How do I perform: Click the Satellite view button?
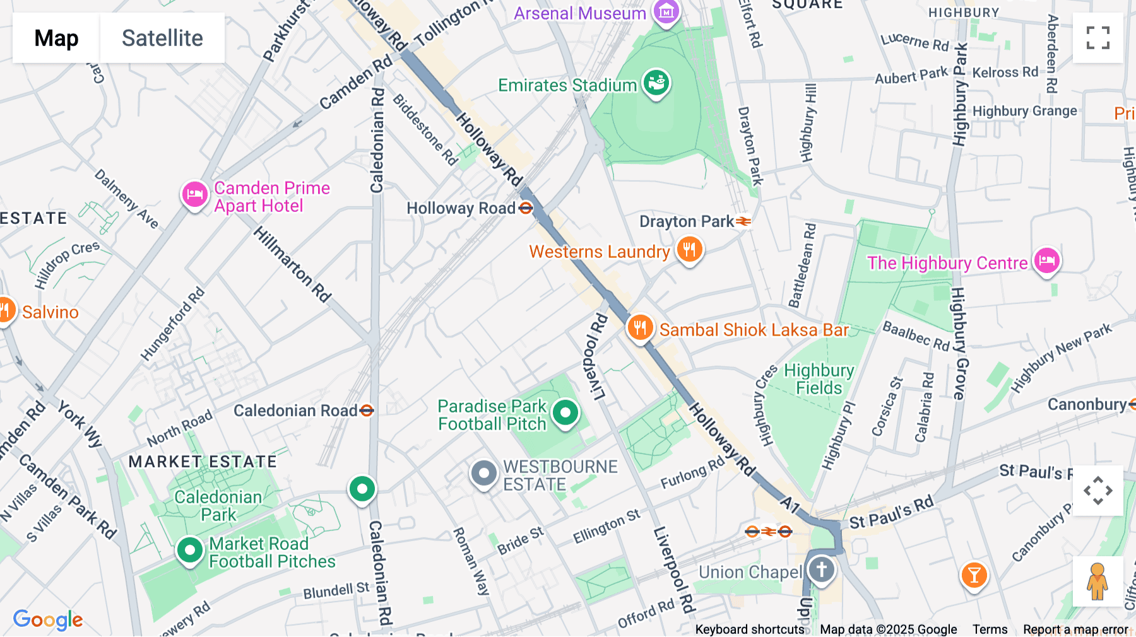162,38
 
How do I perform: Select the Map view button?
56,38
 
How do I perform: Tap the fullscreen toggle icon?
1098,38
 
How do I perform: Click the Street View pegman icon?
1098,581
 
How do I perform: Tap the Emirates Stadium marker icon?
656,83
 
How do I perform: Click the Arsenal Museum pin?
666,12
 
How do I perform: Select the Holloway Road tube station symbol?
526,207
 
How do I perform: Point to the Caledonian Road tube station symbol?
367,411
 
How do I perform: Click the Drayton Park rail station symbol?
743,221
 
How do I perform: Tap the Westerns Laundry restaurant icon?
689,250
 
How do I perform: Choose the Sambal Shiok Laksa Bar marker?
640,328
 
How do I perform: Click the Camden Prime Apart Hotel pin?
194,195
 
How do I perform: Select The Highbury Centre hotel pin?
1046,260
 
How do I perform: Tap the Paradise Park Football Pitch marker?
565,413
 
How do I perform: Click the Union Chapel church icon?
821,570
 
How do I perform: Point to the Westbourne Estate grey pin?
484,473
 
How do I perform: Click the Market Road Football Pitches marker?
189,551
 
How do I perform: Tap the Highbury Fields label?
819,379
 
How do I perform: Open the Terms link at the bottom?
990,629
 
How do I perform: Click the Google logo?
48,619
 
